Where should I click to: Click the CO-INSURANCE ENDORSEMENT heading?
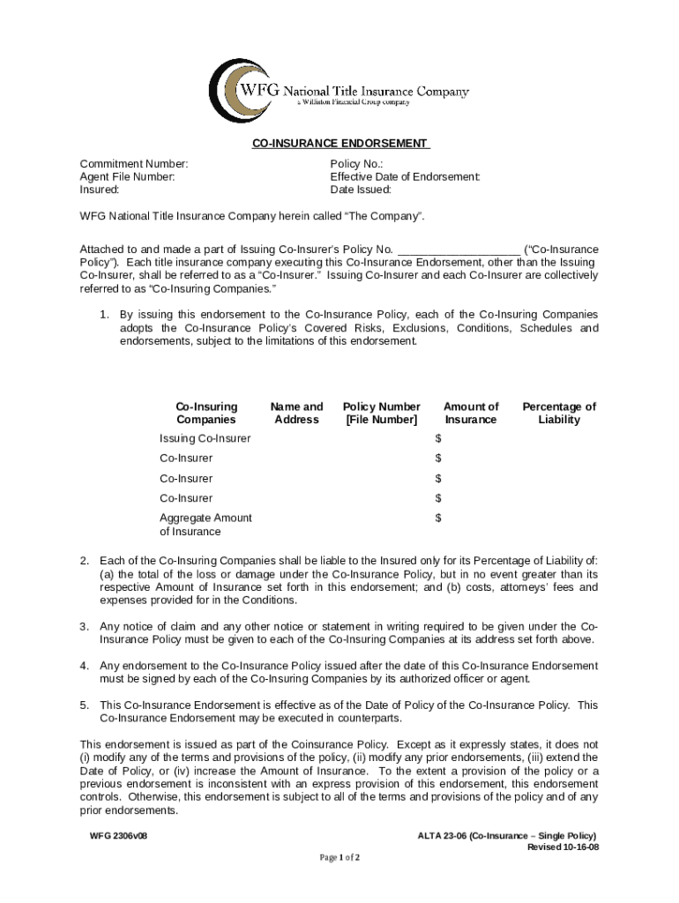(x=340, y=144)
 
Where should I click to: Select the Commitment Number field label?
(x=134, y=164)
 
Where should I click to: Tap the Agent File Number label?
(x=127, y=176)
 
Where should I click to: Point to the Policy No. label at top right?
(x=356, y=164)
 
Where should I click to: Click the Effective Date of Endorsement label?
(x=405, y=176)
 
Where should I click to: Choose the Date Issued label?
(x=361, y=189)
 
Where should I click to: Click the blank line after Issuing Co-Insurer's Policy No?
(x=459, y=250)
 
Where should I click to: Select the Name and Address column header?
(x=296, y=413)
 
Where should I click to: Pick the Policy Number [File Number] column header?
(x=382, y=413)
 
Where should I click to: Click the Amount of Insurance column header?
(x=471, y=413)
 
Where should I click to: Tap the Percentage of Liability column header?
(x=559, y=413)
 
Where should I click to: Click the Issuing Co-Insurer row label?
(x=205, y=438)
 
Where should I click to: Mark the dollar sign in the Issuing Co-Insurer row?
(x=438, y=438)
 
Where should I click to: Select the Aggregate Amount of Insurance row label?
(x=205, y=525)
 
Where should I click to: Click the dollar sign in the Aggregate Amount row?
(x=438, y=518)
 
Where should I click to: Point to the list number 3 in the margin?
(x=85, y=626)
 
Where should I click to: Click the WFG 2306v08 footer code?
(x=118, y=835)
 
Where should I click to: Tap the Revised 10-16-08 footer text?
(x=563, y=847)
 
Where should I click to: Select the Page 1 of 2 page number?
(x=339, y=857)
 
